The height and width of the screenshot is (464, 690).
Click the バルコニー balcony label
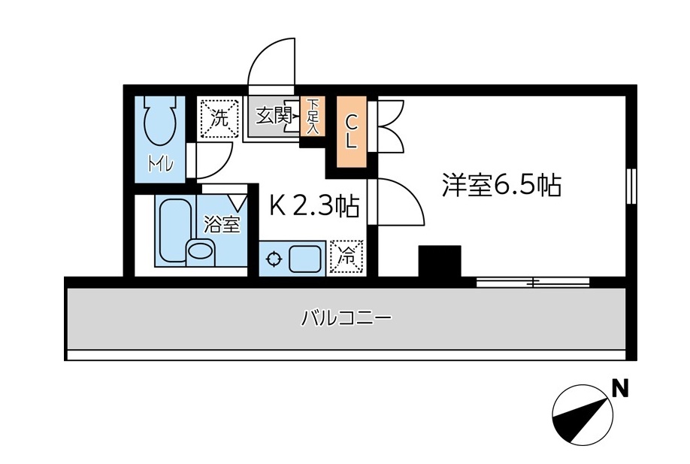347,318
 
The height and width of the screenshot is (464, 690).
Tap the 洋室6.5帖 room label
501,185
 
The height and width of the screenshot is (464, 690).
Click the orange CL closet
351,132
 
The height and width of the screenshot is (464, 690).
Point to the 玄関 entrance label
273,117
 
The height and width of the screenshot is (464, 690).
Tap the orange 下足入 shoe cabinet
312,117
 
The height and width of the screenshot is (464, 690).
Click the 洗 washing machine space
217,118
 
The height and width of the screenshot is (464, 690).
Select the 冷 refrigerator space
347,256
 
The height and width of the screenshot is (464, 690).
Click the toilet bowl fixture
159,124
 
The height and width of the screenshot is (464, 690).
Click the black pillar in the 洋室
440,262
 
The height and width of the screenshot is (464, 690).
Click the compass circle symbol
580,414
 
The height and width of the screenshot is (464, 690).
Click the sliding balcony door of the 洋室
533,283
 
